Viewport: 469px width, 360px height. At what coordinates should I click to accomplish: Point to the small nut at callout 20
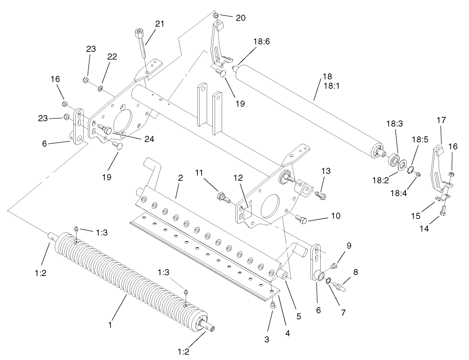(215, 16)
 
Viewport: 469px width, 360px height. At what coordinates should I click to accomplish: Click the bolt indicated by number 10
(302, 219)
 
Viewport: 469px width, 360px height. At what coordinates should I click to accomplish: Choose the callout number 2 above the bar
(180, 178)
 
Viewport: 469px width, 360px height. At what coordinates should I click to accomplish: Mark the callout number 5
(298, 316)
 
